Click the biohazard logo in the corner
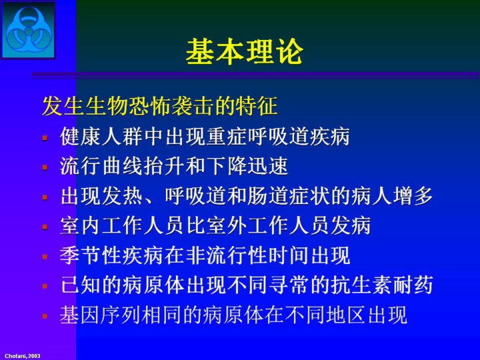coord(29,30)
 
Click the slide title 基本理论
coord(244,52)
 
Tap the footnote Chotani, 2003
coord(23,356)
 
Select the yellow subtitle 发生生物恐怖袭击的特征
coord(160,106)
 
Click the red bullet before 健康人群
coord(45,138)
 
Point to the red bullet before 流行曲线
coord(45,167)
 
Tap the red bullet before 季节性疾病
coord(45,257)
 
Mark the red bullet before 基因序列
coord(45,316)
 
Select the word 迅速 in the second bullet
coord(267,165)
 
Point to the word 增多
coord(412,195)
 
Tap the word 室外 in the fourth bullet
coord(227,225)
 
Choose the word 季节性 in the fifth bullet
coord(91,255)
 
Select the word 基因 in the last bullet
coord(81,315)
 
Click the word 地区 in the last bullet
coord(346,315)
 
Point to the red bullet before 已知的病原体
coord(45,286)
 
